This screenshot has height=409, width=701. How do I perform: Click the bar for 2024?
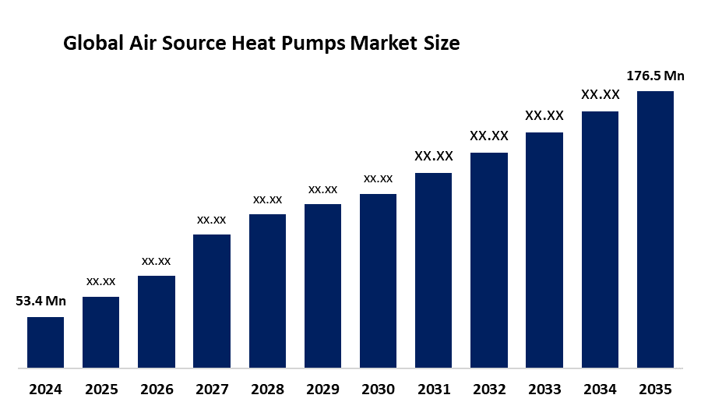coord(45,342)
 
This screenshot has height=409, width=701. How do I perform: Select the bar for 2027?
coord(212,301)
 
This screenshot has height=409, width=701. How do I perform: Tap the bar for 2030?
coord(378,280)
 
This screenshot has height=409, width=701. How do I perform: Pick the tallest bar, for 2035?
coord(655,229)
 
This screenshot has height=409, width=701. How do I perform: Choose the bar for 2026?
coord(157,321)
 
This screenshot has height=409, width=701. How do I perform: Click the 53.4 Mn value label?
coord(41,301)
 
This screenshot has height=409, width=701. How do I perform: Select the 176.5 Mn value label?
coord(655,76)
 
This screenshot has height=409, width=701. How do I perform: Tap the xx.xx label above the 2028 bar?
coord(267,199)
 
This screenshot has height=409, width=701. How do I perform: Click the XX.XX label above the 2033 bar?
coord(544,115)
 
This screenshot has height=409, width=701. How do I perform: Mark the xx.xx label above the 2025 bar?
coord(101,281)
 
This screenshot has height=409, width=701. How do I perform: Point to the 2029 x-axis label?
coord(322,389)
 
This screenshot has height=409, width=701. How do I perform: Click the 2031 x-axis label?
coord(433,389)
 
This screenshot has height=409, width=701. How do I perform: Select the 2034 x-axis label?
coord(600,389)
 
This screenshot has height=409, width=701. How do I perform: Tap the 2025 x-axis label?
coord(101,389)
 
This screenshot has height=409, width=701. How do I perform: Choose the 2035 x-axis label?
coord(655,389)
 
